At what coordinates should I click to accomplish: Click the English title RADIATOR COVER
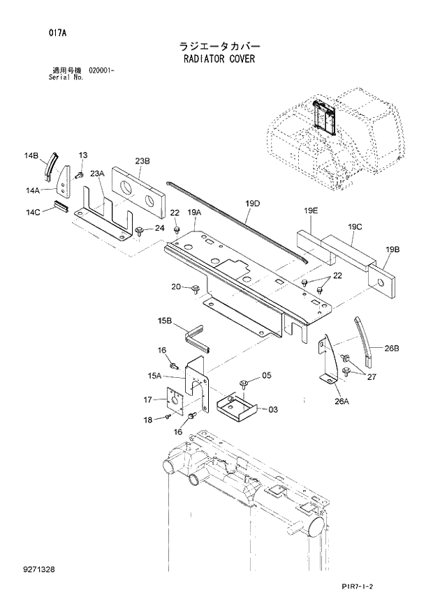point(216,59)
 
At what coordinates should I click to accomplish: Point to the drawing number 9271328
point(38,570)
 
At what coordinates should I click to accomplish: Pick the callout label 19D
point(252,204)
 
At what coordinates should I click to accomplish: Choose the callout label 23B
point(142,161)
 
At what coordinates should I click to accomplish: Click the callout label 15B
point(165,320)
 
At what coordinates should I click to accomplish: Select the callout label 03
point(272,409)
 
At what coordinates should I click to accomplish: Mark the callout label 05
point(266,376)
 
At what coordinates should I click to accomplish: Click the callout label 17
point(147,399)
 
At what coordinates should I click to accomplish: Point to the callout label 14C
point(33,211)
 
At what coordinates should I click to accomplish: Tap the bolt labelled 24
point(140,230)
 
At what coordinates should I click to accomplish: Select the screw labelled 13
point(80,173)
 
